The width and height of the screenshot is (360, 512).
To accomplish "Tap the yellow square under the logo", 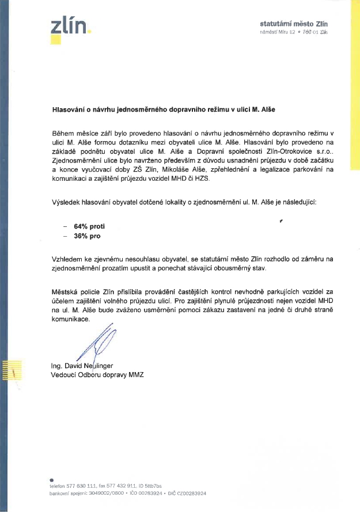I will pos(55,39).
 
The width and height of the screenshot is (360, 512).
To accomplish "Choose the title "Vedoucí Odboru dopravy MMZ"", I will pos(97,376).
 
